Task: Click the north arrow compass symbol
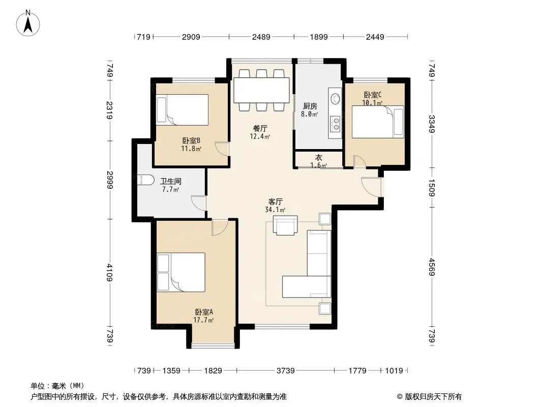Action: tap(28, 23)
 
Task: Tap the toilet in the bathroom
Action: tap(146, 180)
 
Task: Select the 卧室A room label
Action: tap(203, 311)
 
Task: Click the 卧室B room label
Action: tap(191, 140)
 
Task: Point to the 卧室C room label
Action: tap(372, 95)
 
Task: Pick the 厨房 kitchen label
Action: tap(310, 106)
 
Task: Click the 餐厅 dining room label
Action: tap(260, 128)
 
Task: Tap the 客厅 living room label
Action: tap(276, 201)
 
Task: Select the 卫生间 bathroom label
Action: tap(171, 181)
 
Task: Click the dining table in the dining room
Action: tap(261, 90)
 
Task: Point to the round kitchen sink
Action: tap(335, 99)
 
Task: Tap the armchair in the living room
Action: tap(285, 225)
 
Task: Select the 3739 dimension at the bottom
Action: tap(286, 371)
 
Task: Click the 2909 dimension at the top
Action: tap(191, 37)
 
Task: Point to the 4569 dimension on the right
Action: tap(431, 267)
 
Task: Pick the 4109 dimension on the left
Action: tap(110, 273)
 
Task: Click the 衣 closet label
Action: tap(318, 157)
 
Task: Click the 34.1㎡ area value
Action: tap(275, 210)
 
